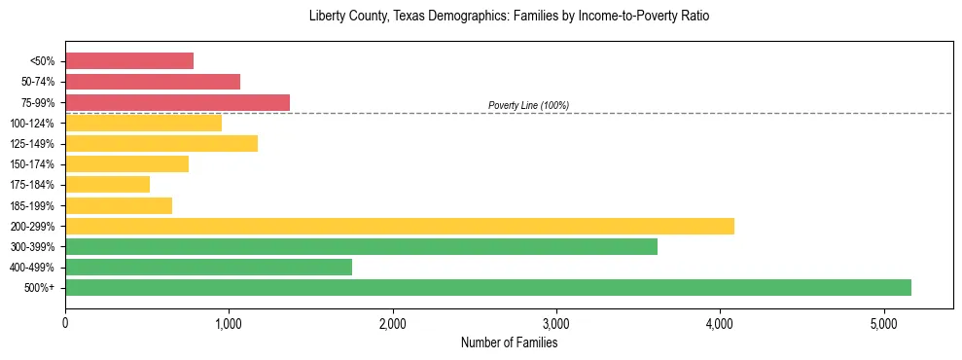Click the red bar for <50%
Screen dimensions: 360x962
129,61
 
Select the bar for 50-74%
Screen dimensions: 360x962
153,82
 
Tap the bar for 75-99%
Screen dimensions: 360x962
177,102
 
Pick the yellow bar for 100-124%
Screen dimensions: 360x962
143,123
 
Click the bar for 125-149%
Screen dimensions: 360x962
161,144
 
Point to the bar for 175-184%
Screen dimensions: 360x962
107,185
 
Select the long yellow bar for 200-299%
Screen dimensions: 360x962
400,226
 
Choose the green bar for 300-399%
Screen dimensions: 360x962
361,246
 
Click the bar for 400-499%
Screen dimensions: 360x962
208,267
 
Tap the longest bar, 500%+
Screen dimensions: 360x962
488,287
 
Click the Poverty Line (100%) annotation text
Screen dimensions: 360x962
528,105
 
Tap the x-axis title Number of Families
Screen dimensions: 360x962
509,342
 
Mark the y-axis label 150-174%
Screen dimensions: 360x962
32,164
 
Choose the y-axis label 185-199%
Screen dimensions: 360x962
32,205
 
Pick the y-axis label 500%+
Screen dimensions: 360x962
41,288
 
